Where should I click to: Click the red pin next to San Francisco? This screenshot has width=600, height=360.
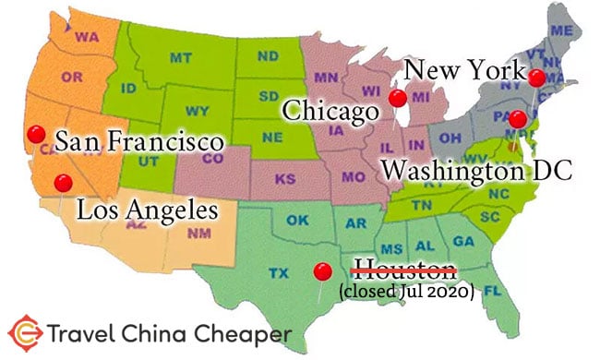pyautogui.click(x=36, y=134)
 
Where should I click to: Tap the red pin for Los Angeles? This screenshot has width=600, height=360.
pyautogui.click(x=62, y=182)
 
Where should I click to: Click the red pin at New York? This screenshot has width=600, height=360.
pyautogui.click(x=535, y=78)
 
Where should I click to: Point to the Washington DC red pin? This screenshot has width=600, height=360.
pyautogui.click(x=518, y=118)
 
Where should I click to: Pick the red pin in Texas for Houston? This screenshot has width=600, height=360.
pyautogui.click(x=322, y=271)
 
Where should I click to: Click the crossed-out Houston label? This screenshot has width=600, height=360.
pyautogui.click(x=406, y=270)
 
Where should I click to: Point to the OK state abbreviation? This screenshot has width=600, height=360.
pyautogui.click(x=296, y=221)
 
